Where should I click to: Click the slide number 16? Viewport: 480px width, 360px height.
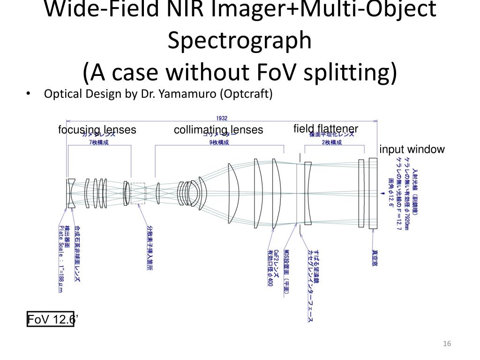[x=447, y=345]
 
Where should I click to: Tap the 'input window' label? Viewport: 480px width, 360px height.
[x=412, y=150]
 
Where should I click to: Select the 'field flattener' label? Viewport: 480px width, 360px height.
[x=326, y=129]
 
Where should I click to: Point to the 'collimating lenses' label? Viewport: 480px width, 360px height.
[x=218, y=130]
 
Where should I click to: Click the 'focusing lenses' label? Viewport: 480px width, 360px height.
[x=97, y=130]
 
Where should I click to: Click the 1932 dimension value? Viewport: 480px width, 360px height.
[x=222, y=119]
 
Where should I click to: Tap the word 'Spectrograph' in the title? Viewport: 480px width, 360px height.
[x=240, y=41]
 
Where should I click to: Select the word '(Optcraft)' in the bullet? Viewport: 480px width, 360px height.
[x=245, y=94]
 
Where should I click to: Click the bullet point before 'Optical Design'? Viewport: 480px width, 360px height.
[x=28, y=94]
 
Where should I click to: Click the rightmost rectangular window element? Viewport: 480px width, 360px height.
[x=373, y=193]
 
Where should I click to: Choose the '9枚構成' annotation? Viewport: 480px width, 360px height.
[x=219, y=142]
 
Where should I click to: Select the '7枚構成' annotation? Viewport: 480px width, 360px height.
[x=98, y=142]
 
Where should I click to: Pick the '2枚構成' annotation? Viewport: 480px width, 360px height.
[x=332, y=142]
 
